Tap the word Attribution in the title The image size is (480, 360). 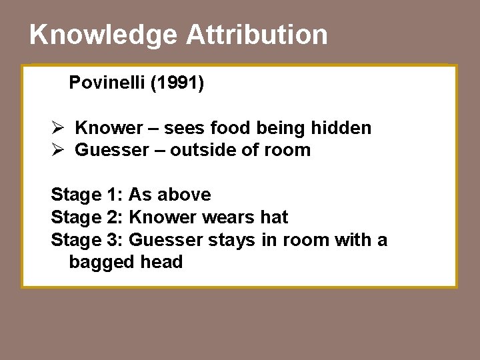257,35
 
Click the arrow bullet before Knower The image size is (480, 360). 57,127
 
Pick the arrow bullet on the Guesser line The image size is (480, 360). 57,149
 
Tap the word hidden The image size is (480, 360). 342,127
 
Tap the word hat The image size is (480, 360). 275,217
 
